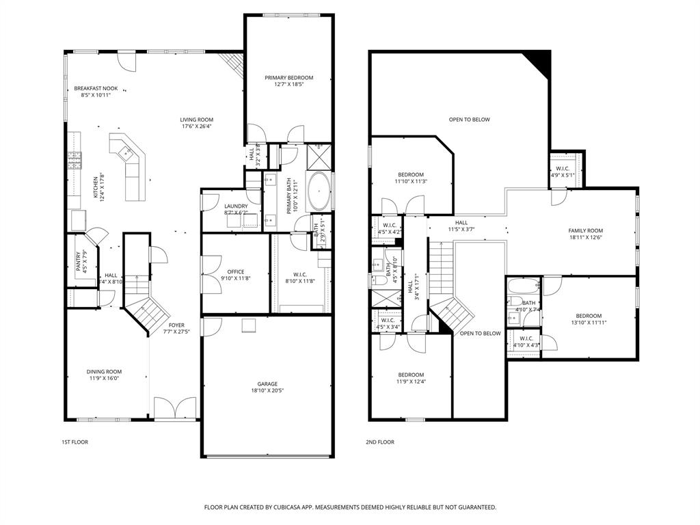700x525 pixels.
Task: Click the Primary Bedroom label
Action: [x=289, y=78]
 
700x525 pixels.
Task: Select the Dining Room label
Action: [x=104, y=372]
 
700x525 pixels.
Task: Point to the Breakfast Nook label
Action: [x=92, y=88]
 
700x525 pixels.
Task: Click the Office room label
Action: [x=235, y=272]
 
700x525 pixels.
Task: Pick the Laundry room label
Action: [x=236, y=206]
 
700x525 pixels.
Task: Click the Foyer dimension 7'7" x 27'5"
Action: [x=176, y=332]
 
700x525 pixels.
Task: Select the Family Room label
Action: [x=586, y=230]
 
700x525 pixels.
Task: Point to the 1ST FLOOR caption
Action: [x=75, y=442]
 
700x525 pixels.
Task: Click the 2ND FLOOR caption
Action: [x=379, y=442]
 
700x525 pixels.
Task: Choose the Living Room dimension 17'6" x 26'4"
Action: [x=197, y=126]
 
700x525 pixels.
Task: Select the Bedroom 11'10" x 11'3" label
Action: [x=411, y=174]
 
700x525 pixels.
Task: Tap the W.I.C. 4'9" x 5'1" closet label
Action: [x=563, y=169]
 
